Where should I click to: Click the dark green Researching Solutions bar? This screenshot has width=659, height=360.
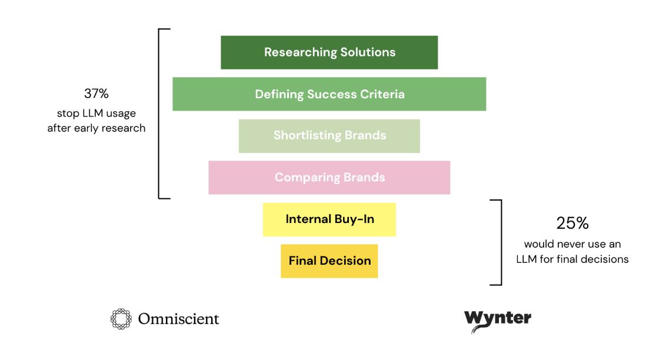pyautogui.click(x=329, y=52)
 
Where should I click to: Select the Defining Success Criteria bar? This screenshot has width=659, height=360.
pyautogui.click(x=329, y=94)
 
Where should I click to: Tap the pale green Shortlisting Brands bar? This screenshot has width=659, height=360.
pyautogui.click(x=329, y=136)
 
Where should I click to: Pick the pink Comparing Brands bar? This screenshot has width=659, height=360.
pyautogui.click(x=329, y=178)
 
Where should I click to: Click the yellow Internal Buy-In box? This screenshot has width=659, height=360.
pyautogui.click(x=329, y=219)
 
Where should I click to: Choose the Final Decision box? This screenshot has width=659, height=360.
pyautogui.click(x=329, y=261)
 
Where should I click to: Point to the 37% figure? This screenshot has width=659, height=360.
pyautogui.click(x=96, y=94)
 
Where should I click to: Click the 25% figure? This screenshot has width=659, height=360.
pyautogui.click(x=572, y=224)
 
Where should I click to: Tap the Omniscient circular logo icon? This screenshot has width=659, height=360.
pyautogui.click(x=121, y=319)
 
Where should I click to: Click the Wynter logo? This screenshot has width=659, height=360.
pyautogui.click(x=497, y=320)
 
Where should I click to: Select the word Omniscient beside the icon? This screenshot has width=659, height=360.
pyautogui.click(x=178, y=319)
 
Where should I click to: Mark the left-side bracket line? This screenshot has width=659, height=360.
pyautogui.click(x=159, y=113)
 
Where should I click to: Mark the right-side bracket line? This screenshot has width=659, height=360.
pyautogui.click(x=501, y=242)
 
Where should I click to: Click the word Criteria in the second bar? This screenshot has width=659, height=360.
pyautogui.click(x=381, y=94)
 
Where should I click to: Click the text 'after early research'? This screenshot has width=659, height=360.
pyautogui.click(x=96, y=128)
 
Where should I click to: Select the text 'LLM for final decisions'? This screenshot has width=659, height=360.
pyautogui.click(x=572, y=259)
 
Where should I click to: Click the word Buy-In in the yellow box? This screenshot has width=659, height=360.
pyautogui.click(x=355, y=219)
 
